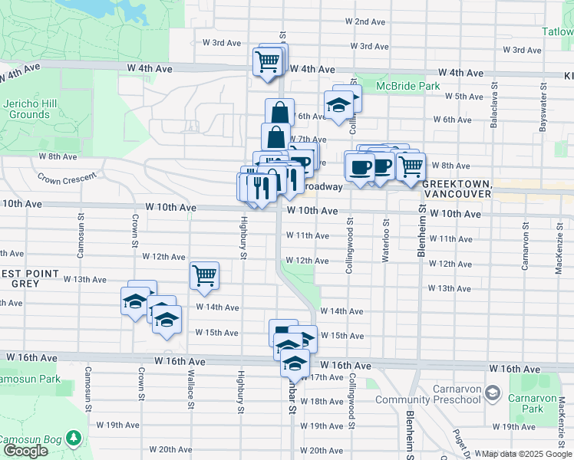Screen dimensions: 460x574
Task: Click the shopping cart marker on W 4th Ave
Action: point(267,61)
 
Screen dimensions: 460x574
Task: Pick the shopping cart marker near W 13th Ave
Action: point(204,275)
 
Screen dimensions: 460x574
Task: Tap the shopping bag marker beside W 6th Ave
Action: point(280,113)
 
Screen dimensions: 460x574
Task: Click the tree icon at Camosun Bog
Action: point(74,437)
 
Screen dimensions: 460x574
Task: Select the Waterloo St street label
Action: point(385,241)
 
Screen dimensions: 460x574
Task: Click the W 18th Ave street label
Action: point(322,401)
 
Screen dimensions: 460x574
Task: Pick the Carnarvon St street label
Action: point(526,246)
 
